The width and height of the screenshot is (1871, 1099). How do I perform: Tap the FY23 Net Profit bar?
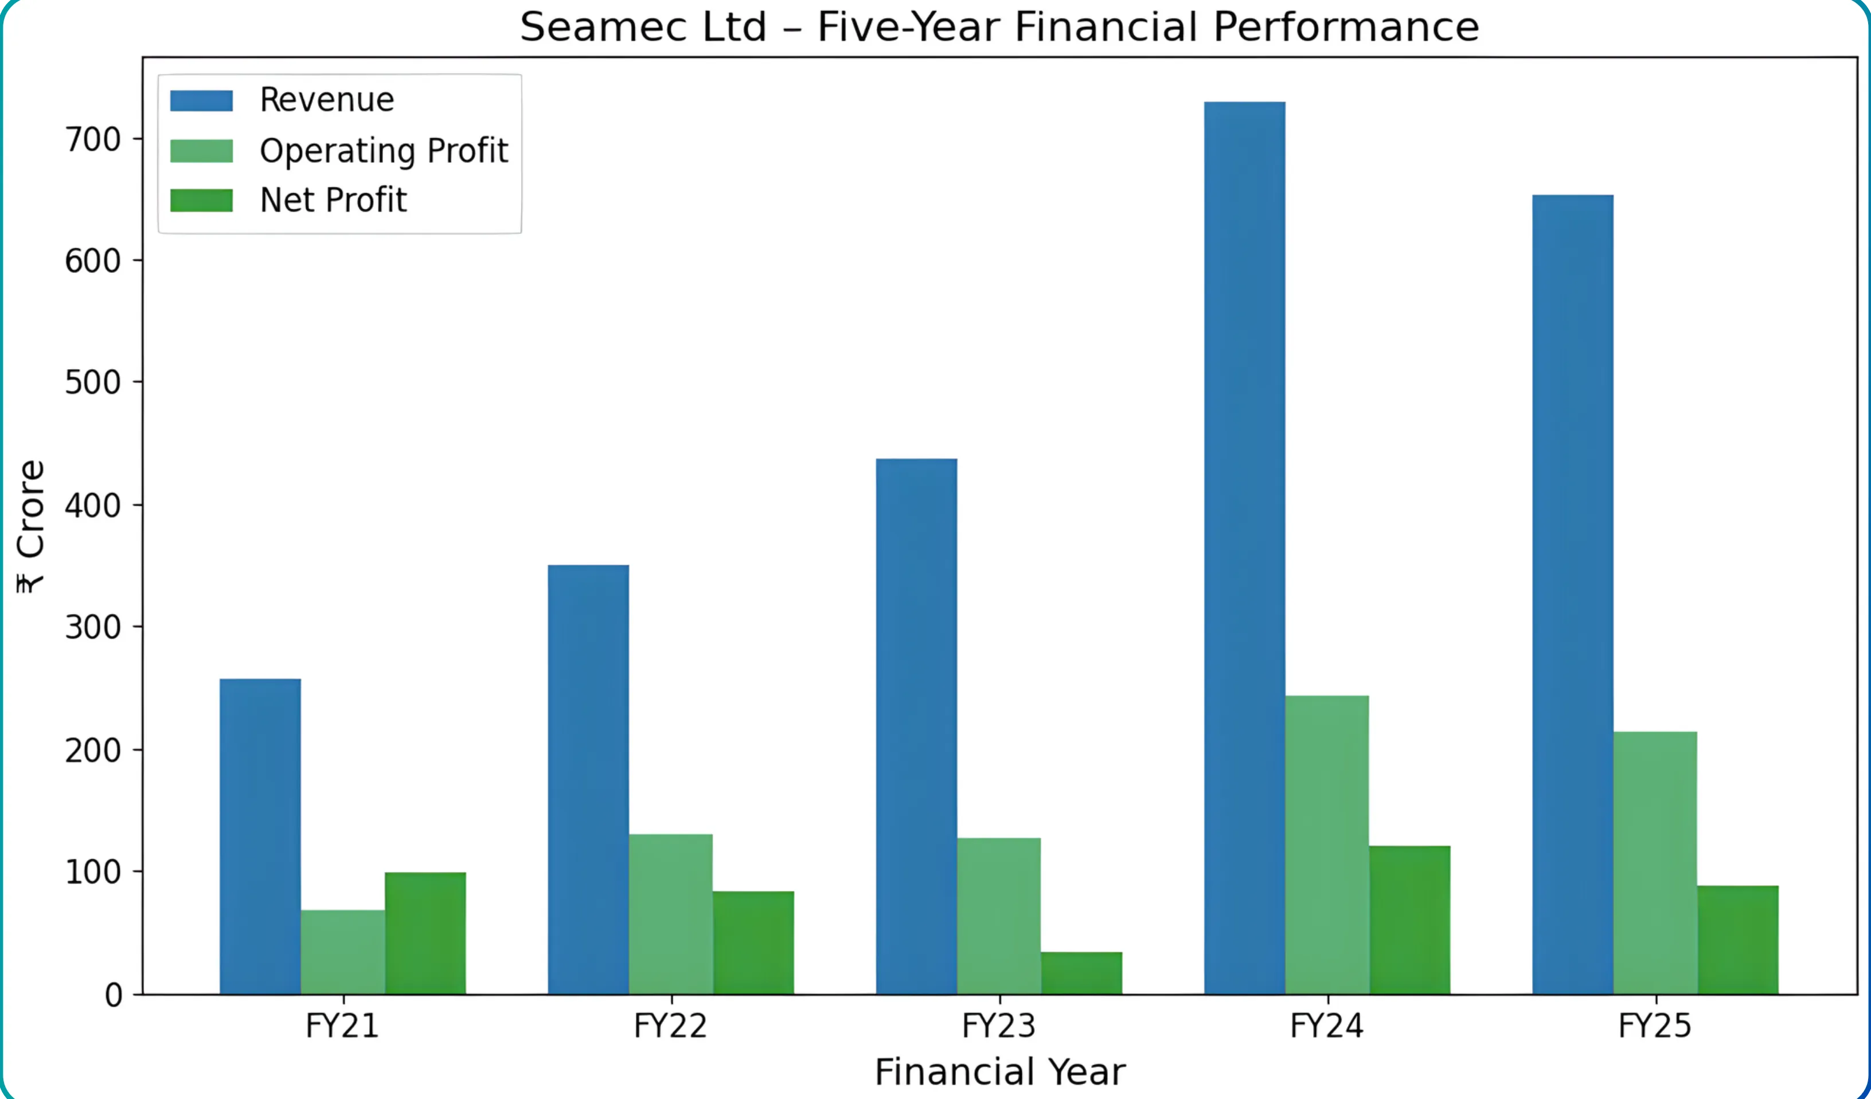point(1081,973)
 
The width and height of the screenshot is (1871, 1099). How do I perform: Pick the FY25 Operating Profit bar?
point(1655,863)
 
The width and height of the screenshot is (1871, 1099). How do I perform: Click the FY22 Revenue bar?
point(588,780)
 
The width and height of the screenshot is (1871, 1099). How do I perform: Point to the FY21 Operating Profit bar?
point(342,952)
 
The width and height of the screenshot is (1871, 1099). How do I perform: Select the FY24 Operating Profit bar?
point(1327,845)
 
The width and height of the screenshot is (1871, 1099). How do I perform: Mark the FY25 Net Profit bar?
point(1737,940)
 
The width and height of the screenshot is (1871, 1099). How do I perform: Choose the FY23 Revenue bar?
point(916,726)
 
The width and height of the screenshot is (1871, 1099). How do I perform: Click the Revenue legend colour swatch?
point(201,100)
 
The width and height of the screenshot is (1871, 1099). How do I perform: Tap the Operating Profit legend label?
point(383,151)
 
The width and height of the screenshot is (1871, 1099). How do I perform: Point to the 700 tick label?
point(93,140)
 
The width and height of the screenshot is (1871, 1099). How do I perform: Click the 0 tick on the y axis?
point(114,995)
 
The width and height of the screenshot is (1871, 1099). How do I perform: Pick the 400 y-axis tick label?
point(93,506)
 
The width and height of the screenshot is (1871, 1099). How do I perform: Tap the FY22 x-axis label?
point(670,1026)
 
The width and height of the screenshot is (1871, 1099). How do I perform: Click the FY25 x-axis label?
point(1655,1026)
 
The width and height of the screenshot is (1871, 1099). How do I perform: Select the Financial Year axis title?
point(999,1072)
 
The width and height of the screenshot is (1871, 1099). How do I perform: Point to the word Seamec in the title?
point(642,28)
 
